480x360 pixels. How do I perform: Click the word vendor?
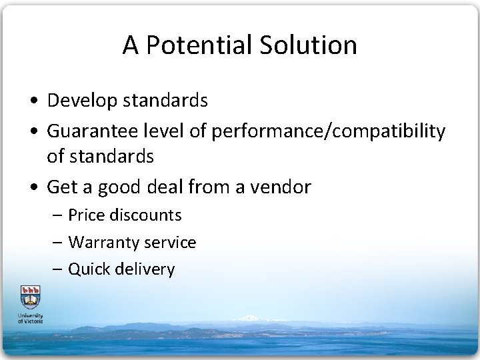279,187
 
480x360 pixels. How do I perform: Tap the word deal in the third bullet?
188,187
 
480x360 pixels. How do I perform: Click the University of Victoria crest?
31,296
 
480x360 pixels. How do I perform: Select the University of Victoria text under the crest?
31,317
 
